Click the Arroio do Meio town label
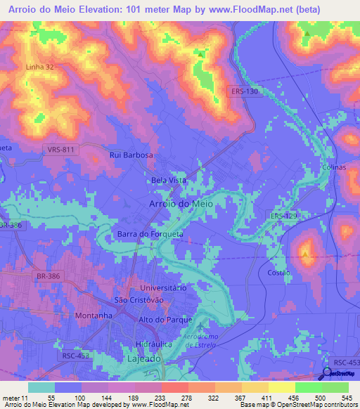click(x=181, y=203)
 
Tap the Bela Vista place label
click(x=169, y=181)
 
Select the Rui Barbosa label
click(x=131, y=155)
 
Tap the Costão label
click(x=279, y=271)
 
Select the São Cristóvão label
click(x=143, y=300)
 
